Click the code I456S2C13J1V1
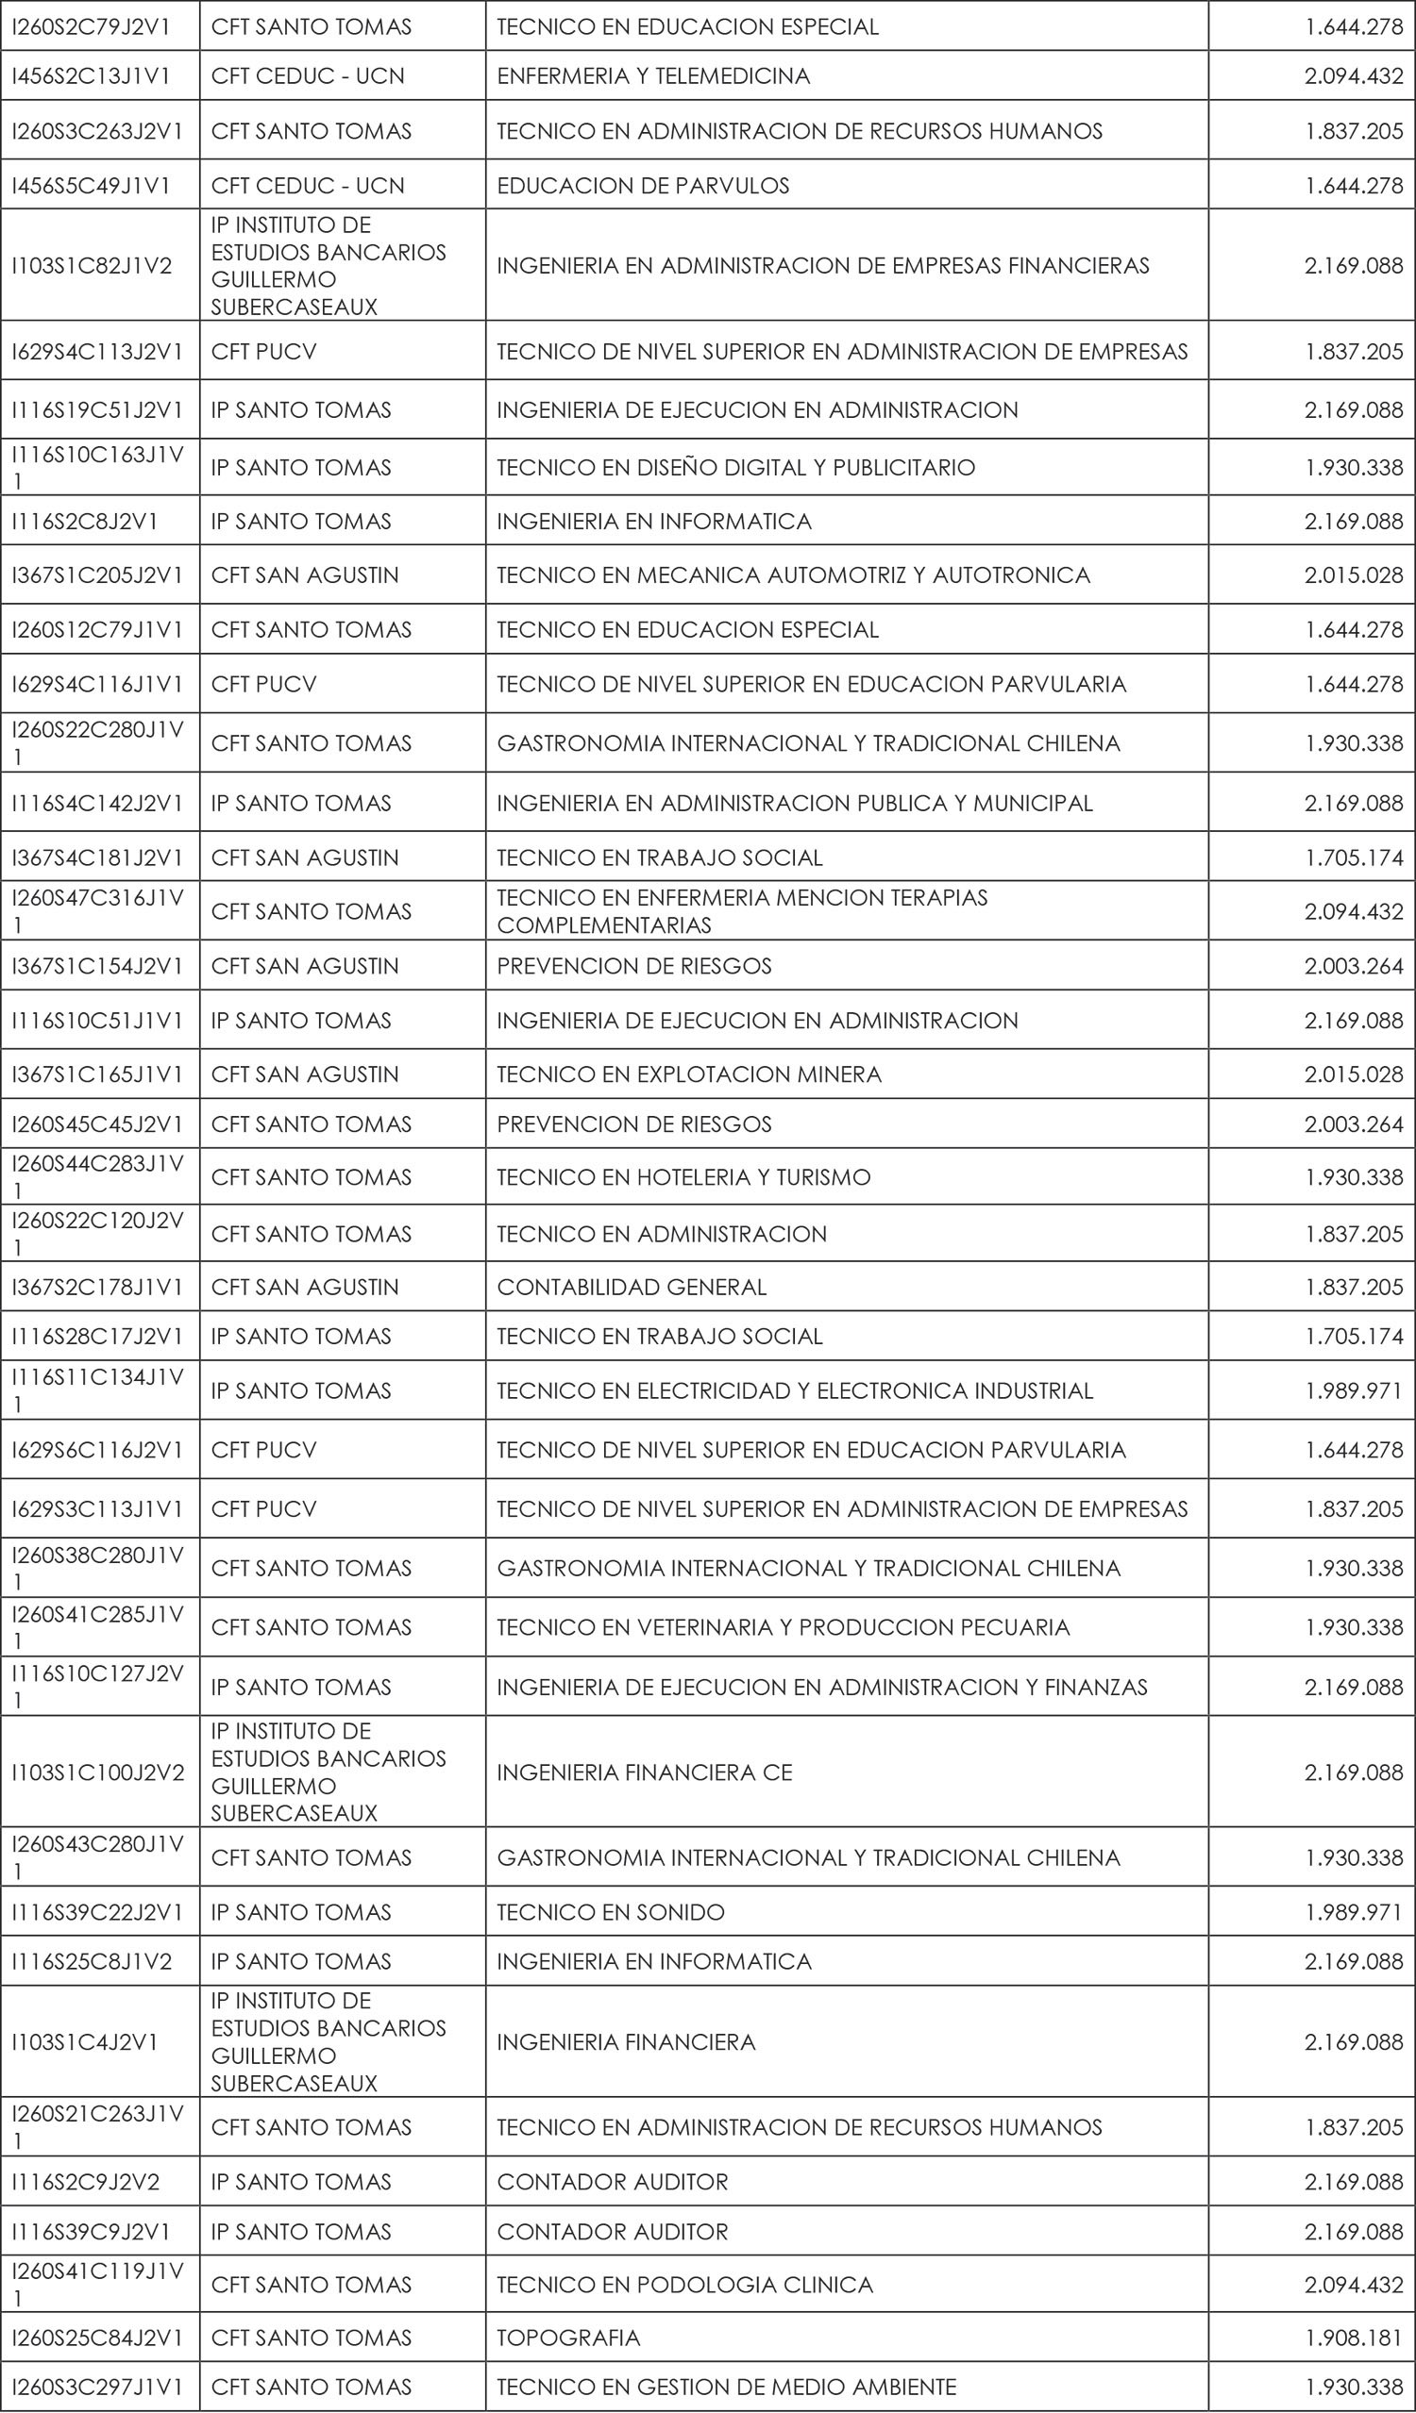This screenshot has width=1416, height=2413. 91,76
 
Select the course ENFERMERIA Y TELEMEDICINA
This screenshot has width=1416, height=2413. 653,76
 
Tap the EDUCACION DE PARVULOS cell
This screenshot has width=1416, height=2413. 643,186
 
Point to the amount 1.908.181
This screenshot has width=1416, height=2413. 1354,2338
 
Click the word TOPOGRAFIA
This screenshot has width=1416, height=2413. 568,2338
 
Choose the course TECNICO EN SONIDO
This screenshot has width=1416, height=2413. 610,1912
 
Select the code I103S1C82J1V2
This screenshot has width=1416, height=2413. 92,265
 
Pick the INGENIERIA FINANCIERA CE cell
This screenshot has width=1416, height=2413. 645,1772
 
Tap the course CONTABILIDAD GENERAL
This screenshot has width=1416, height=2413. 632,1288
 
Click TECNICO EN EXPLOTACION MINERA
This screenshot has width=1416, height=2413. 689,1074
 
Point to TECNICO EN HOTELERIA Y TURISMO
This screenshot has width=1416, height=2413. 683,1178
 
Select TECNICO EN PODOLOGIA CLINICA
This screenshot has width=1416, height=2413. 685,2285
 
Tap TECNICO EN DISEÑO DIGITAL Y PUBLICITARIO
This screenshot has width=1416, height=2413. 735,468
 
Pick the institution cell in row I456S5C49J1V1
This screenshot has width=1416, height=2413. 308,186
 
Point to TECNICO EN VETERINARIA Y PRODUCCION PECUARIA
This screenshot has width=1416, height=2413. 783,1628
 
